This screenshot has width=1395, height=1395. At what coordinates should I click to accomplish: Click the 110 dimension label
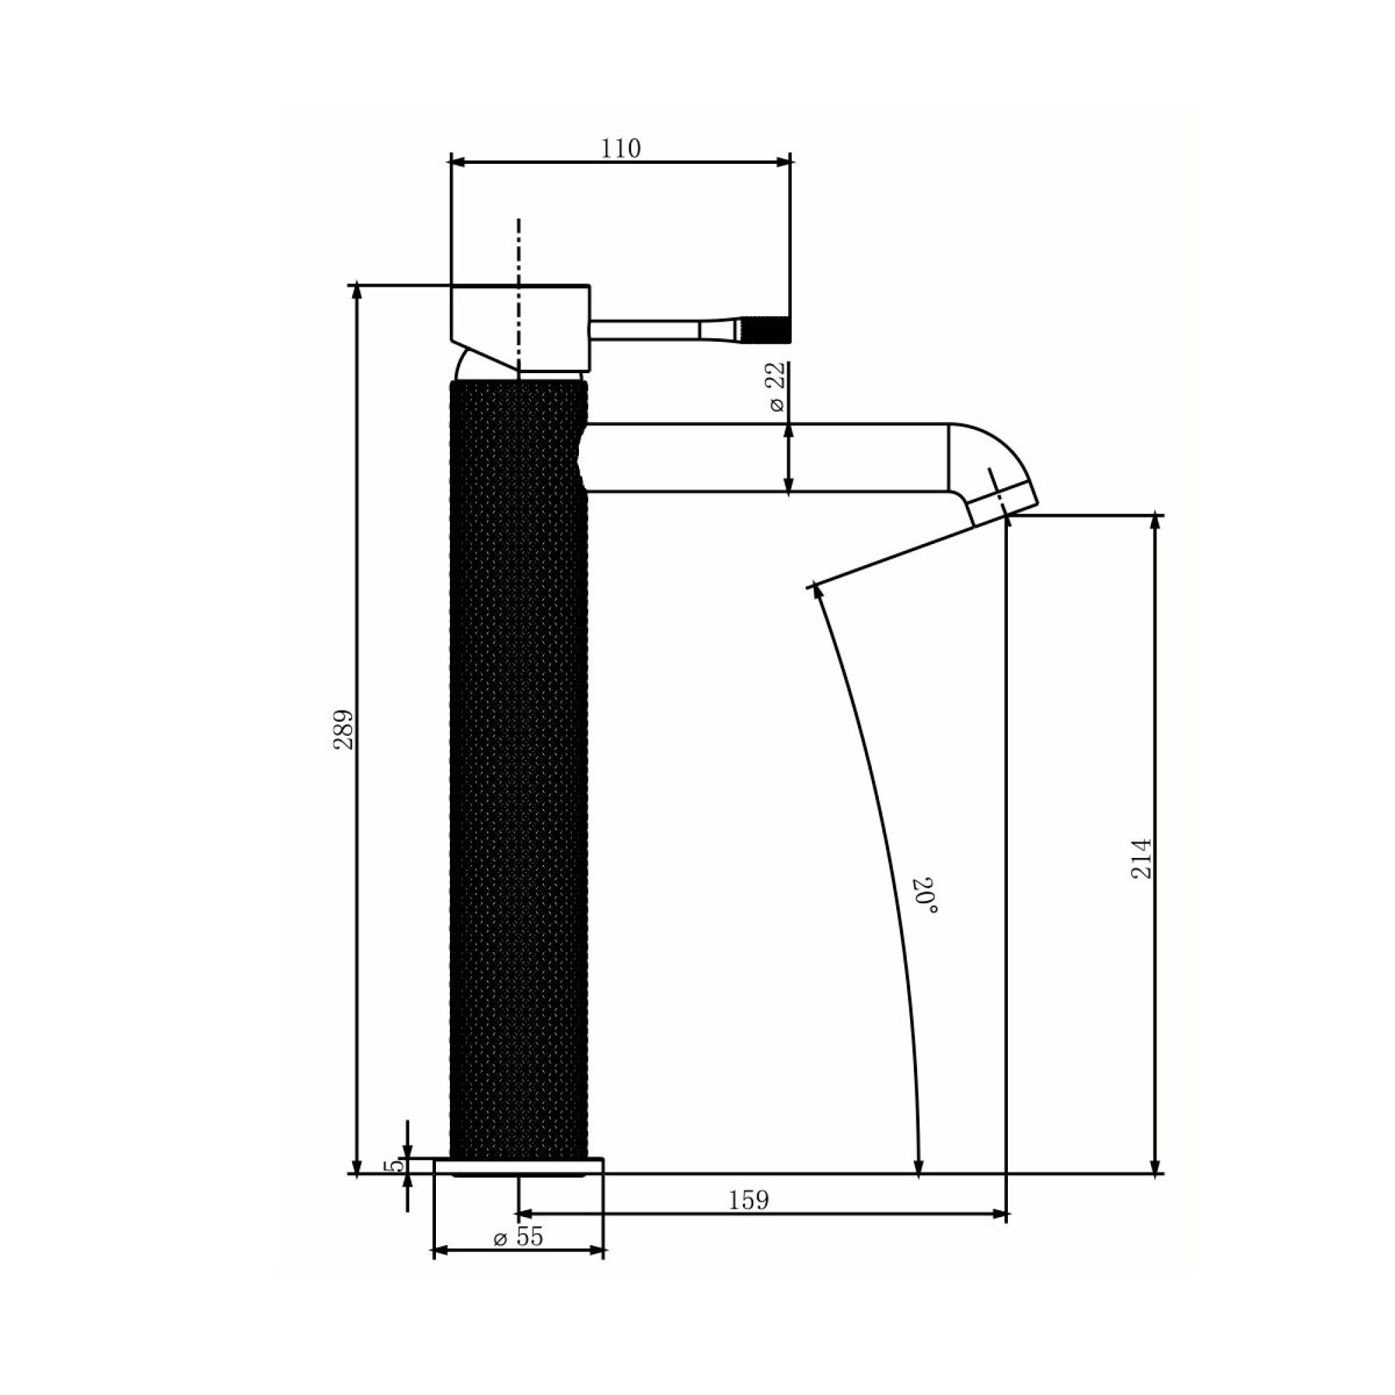pos(621,148)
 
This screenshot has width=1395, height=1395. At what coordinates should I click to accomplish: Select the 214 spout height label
pos(1141,858)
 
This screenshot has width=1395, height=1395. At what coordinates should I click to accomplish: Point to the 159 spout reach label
pos(748,1200)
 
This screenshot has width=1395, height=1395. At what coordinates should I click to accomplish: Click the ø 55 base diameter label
pos(518,1237)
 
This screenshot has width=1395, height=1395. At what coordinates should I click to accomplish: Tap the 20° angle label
pos(927,896)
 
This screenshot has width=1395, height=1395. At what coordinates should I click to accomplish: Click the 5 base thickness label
pos(393,1166)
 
